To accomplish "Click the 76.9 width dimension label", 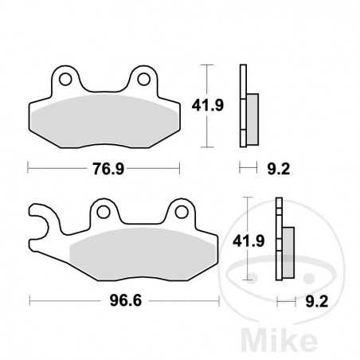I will [x=104, y=168].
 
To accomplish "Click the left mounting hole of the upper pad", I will [x=66, y=80].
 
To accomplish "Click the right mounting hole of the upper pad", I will [x=143, y=80].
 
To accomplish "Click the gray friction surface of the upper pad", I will [x=104, y=119].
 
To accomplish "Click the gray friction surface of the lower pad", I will [x=139, y=255].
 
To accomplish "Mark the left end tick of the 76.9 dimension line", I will [x=29, y=168].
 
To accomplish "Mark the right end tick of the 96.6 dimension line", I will [x=219, y=302].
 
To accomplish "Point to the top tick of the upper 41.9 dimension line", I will [x=206, y=65].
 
